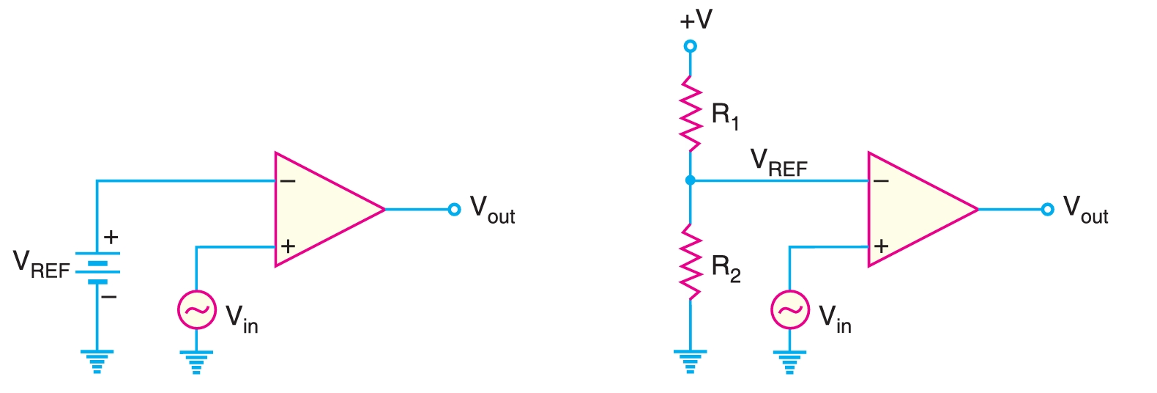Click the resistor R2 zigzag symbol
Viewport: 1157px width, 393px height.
[x=690, y=262]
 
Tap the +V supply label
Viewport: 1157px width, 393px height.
[x=695, y=20]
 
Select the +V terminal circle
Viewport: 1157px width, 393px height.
[x=690, y=46]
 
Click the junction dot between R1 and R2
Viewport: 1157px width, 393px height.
[x=690, y=180]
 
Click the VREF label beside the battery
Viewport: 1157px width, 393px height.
[x=41, y=265]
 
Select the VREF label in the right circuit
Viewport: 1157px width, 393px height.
[x=778, y=164]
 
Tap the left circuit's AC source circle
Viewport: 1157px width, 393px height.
[x=196, y=310]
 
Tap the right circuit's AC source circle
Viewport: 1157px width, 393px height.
[x=789, y=310]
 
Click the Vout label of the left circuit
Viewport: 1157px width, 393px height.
[x=492, y=210]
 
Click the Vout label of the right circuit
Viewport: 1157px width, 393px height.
[x=1085, y=210]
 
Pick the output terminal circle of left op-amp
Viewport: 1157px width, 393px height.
[x=454, y=210]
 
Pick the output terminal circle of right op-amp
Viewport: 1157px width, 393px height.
[x=1047, y=210]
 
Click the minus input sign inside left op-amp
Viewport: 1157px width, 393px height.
[x=288, y=181]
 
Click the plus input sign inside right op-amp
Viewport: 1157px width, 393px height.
[x=881, y=246]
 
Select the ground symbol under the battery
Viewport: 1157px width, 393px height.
[x=97, y=361]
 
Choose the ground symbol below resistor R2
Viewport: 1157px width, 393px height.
[x=690, y=361]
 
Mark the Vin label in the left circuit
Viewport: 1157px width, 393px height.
[x=242, y=319]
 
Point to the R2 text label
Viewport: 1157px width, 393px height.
[x=726, y=268]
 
